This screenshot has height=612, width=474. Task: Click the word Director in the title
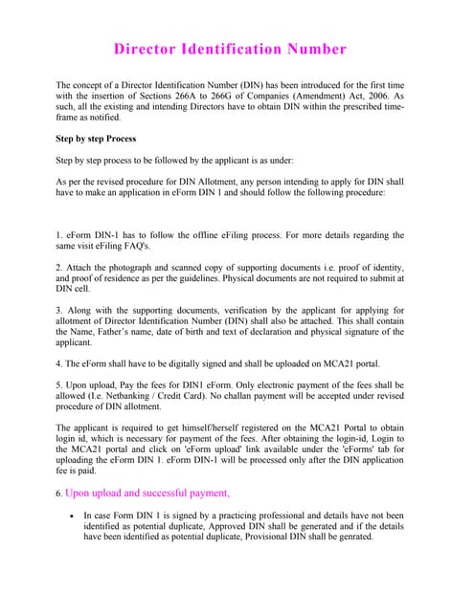148,49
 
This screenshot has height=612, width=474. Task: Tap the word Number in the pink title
315,49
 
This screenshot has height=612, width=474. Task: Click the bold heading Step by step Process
97,139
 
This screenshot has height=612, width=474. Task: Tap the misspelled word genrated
352,536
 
